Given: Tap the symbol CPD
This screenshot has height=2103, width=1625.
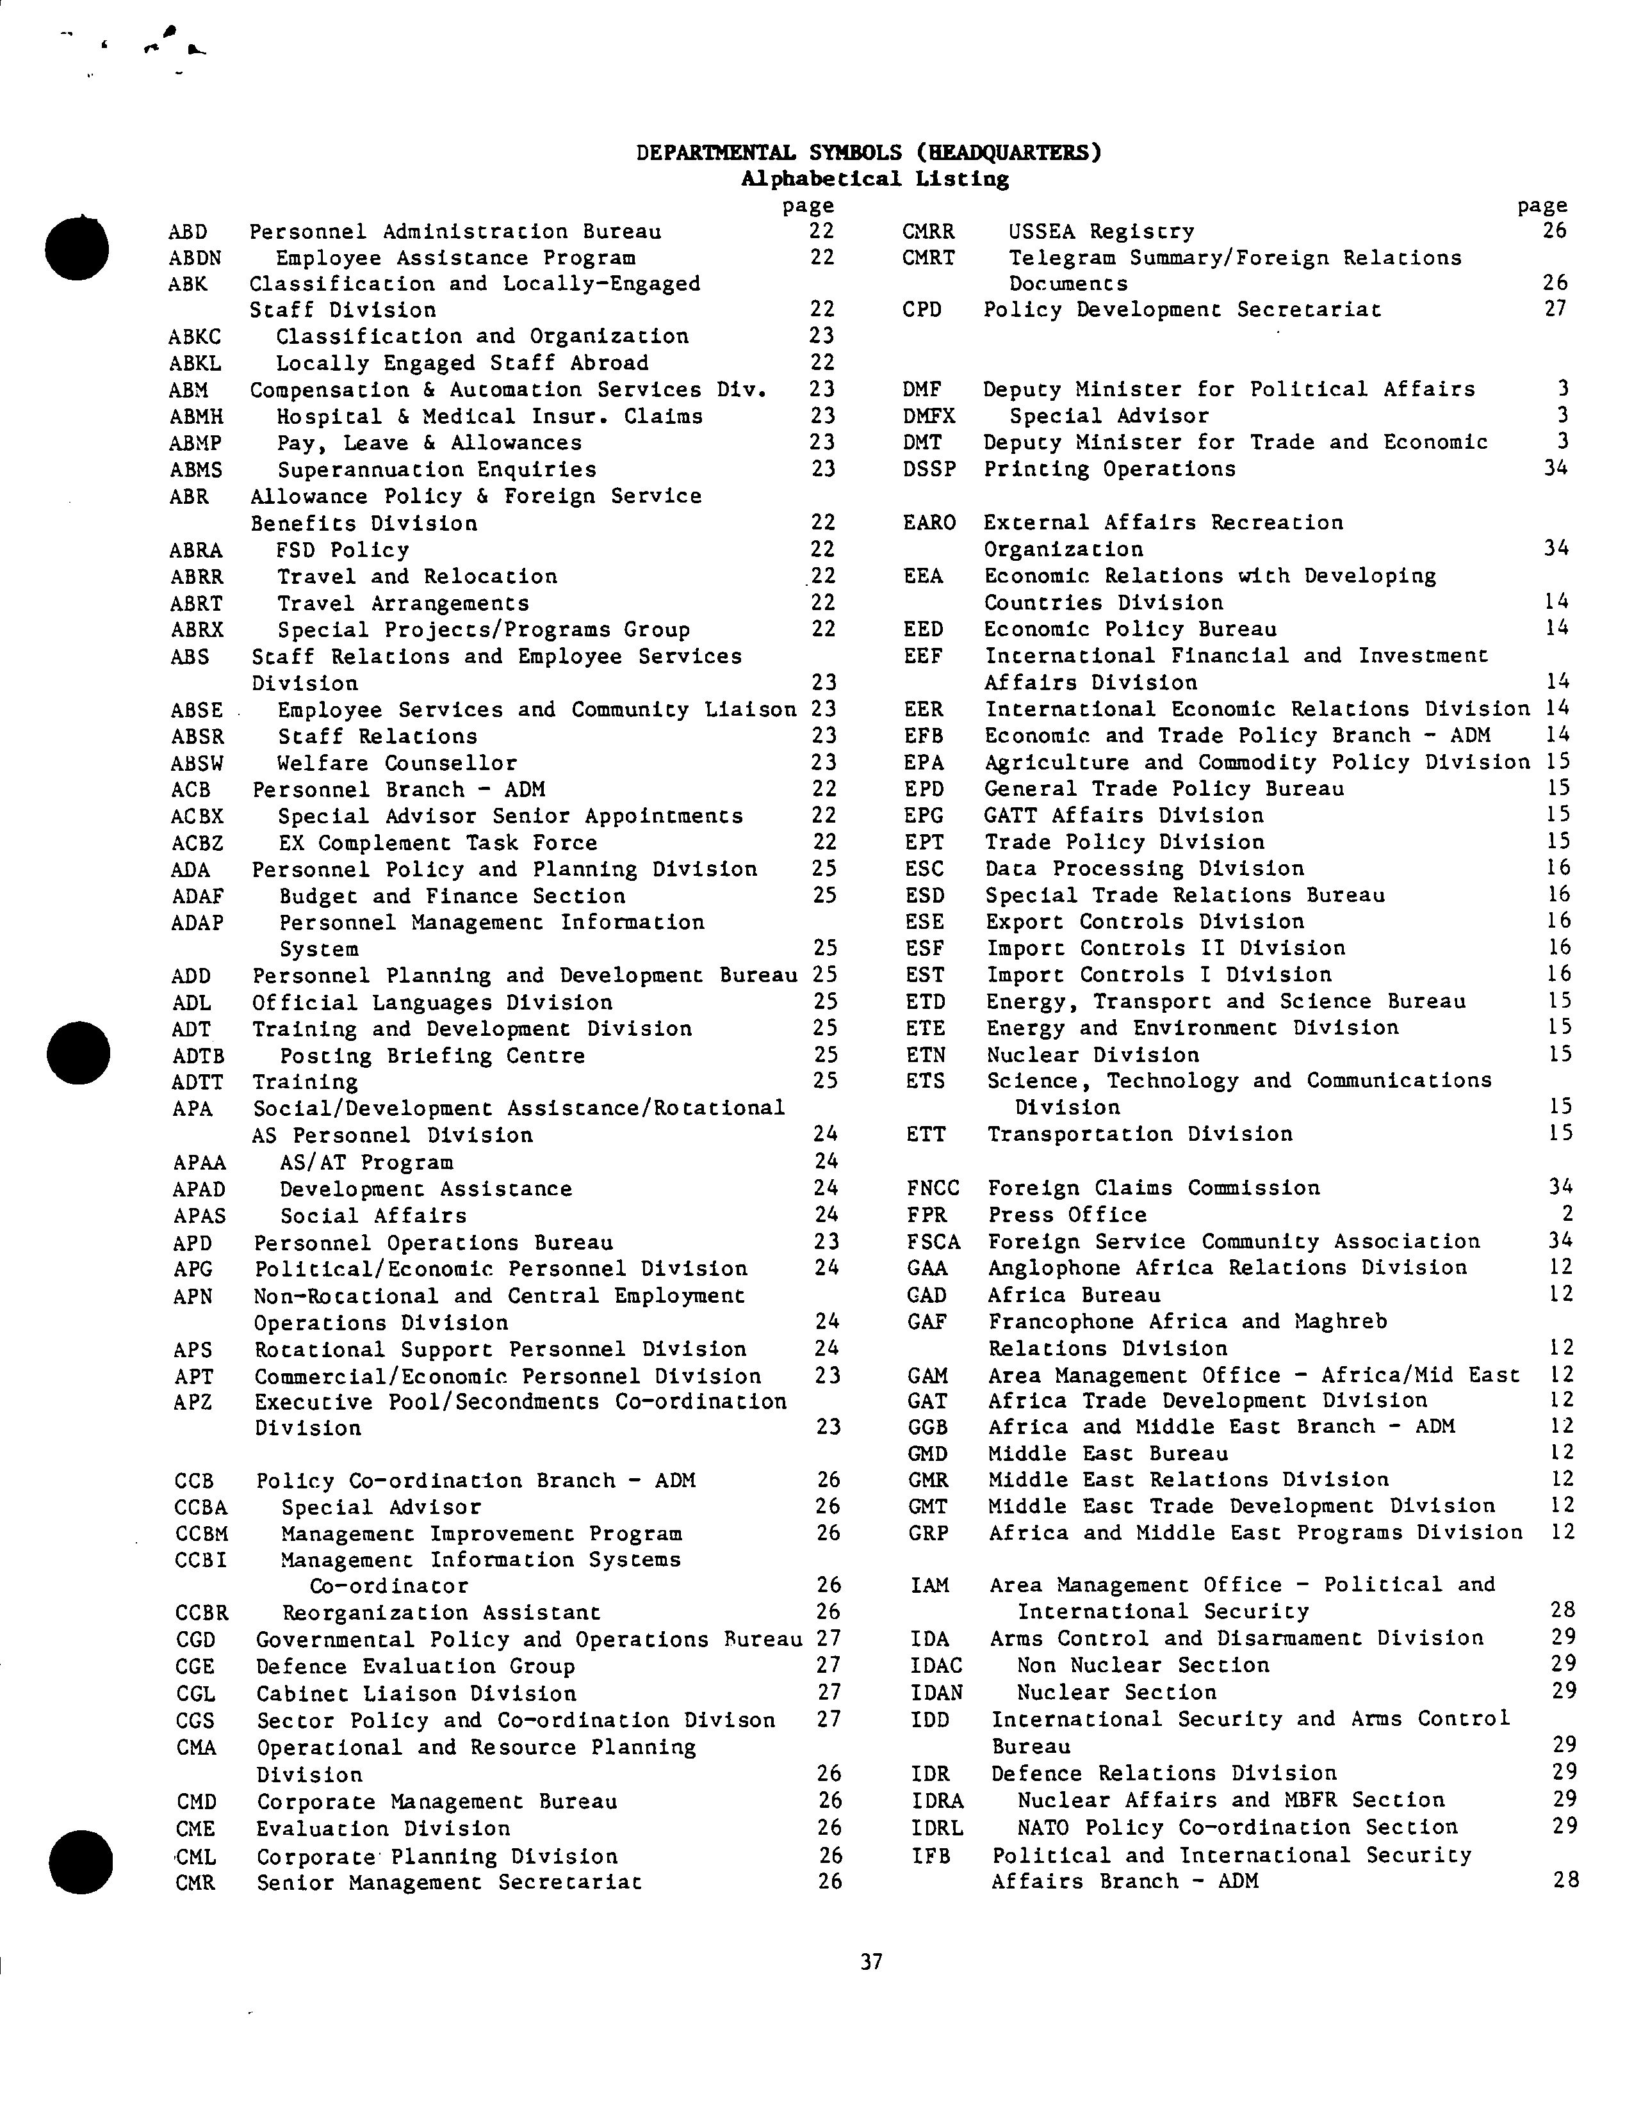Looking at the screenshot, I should pos(922,310).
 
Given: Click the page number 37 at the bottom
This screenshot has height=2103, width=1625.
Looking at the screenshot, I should pos(870,1962).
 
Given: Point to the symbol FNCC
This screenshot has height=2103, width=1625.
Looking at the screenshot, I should pos(933,1188).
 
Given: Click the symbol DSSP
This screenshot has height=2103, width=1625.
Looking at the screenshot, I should pos(929,469).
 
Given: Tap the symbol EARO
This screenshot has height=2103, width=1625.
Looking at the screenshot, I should pos(929,523).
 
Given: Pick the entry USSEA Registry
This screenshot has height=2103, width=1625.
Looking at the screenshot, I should pos(1101,231).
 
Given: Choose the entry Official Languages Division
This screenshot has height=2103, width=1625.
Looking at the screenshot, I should pos(432,1003).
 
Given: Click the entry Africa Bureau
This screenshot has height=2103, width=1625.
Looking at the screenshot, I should pos(1074,1295).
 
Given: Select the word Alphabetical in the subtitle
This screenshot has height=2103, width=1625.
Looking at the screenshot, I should pos(821,179).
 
